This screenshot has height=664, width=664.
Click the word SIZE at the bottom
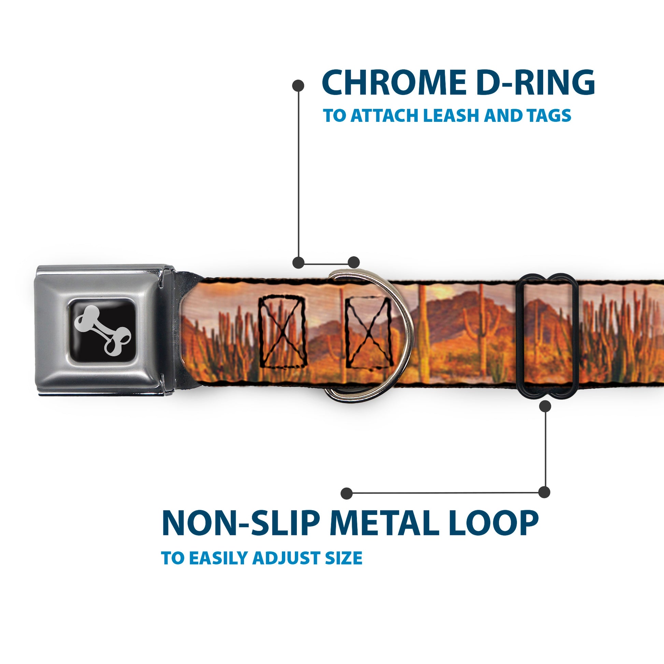pyautogui.click(x=344, y=558)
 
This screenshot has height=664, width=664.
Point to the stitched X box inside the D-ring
pyautogui.click(x=369, y=332)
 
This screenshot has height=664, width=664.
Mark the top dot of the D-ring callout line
pyautogui.click(x=298, y=86)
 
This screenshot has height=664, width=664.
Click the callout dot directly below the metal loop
pyautogui.click(x=545, y=407)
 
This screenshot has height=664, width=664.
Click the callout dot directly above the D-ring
pyautogui.click(x=353, y=262)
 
